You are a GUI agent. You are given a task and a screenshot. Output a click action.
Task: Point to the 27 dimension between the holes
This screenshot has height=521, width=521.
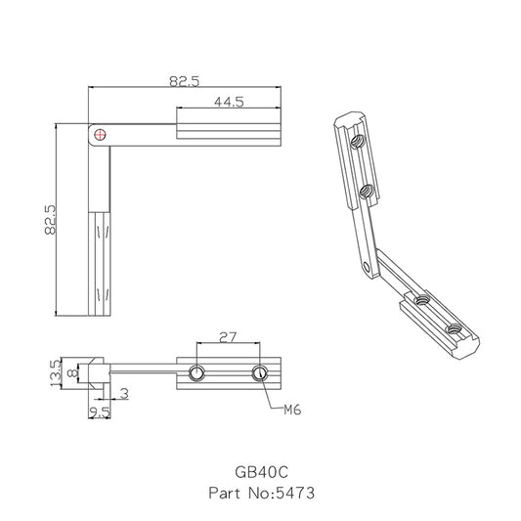tap(228, 337)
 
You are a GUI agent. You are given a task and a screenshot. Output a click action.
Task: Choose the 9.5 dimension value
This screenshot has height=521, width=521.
tap(99, 412)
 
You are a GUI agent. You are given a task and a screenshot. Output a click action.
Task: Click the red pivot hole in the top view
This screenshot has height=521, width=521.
tap(101, 134)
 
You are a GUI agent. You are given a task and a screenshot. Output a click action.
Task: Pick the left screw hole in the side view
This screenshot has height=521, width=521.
tap(197, 371)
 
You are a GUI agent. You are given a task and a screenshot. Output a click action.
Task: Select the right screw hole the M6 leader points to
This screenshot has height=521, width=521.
tap(260, 371)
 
